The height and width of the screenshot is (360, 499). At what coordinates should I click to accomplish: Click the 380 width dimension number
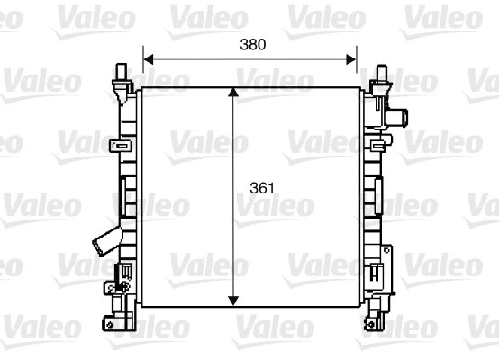(x=253, y=42)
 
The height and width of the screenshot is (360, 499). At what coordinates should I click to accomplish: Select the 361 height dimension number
(x=261, y=189)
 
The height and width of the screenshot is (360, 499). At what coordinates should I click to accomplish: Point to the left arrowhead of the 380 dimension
(x=148, y=59)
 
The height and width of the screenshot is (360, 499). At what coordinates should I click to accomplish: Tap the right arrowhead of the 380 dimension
(x=353, y=59)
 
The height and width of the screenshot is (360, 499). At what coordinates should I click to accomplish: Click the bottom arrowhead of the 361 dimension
(x=235, y=300)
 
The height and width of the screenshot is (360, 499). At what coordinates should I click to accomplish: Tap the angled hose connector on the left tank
(x=103, y=240)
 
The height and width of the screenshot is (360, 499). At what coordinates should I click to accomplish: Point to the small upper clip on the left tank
(x=115, y=146)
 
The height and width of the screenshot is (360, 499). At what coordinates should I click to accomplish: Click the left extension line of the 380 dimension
(x=142, y=68)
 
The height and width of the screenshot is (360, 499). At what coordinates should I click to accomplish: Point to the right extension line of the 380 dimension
(x=358, y=68)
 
